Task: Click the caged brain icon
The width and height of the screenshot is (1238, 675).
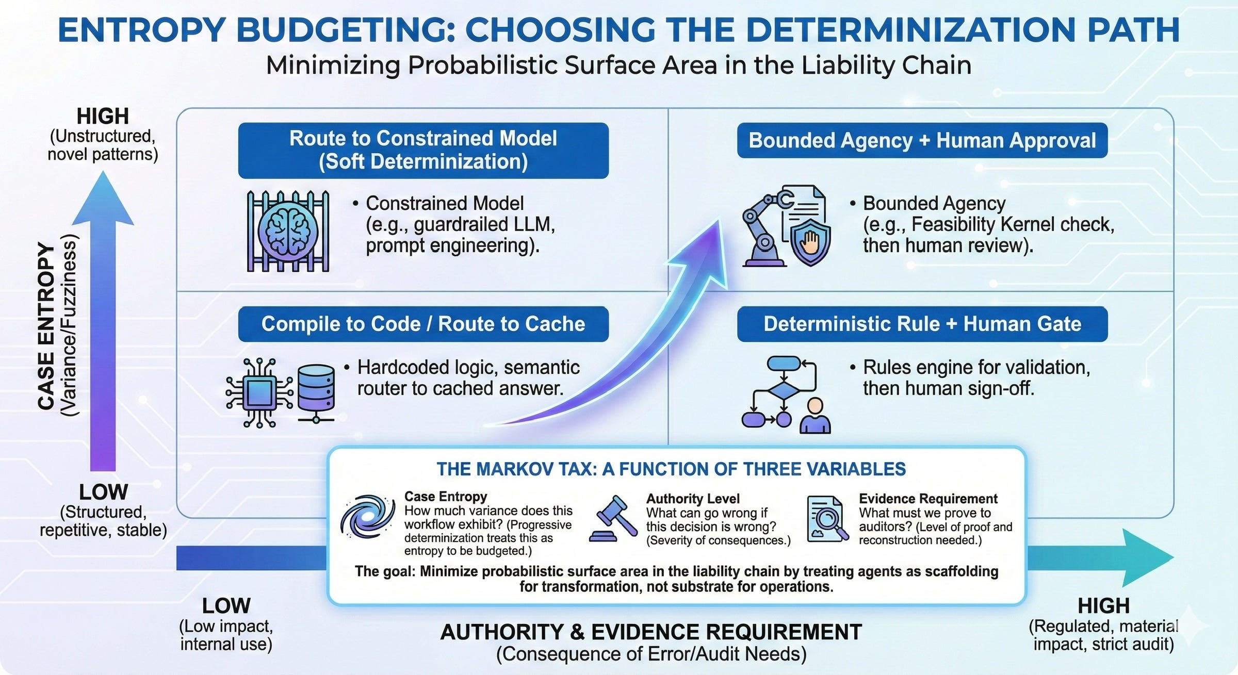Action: (287, 231)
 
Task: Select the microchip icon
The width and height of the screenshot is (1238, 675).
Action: (259, 393)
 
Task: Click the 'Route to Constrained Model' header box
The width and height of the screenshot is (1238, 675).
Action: (423, 150)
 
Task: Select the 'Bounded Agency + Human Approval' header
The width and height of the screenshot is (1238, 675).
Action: (922, 140)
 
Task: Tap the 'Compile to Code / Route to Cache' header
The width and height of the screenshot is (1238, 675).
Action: (423, 324)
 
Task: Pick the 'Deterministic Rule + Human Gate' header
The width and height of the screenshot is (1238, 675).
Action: (922, 324)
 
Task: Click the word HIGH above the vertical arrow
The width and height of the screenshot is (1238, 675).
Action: (103, 116)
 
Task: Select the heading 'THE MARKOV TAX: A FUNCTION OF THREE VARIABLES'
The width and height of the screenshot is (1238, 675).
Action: (671, 469)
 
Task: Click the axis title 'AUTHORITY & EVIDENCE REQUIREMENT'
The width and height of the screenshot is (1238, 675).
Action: (651, 632)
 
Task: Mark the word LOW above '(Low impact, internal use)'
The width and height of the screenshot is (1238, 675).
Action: (226, 606)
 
